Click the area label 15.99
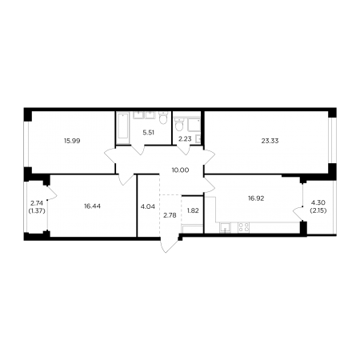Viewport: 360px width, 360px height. [x=72, y=141]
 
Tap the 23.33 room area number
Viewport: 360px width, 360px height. [x=270, y=141]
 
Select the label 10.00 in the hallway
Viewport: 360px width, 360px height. [x=180, y=170]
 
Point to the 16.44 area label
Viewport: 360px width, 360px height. [x=92, y=206]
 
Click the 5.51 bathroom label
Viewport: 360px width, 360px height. [x=149, y=133]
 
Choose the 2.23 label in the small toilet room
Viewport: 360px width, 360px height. [x=186, y=139]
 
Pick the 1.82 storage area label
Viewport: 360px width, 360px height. [x=193, y=210]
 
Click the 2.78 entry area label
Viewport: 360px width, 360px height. [x=170, y=215]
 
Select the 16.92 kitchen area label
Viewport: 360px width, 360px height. [x=256, y=198]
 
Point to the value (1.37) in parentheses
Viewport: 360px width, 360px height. [x=37, y=211]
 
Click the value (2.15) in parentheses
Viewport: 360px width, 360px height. [x=318, y=210]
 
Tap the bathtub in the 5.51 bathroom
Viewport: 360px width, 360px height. [x=123, y=128]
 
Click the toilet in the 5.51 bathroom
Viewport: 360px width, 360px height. [x=162, y=118]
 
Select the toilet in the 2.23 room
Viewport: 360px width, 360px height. [x=179, y=125]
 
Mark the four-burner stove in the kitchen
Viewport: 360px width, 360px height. [x=243, y=227]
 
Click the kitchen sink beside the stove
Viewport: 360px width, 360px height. [x=226, y=228]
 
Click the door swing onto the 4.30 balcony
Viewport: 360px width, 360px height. [x=298, y=214]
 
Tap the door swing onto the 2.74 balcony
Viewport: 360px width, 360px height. [x=52, y=193]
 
